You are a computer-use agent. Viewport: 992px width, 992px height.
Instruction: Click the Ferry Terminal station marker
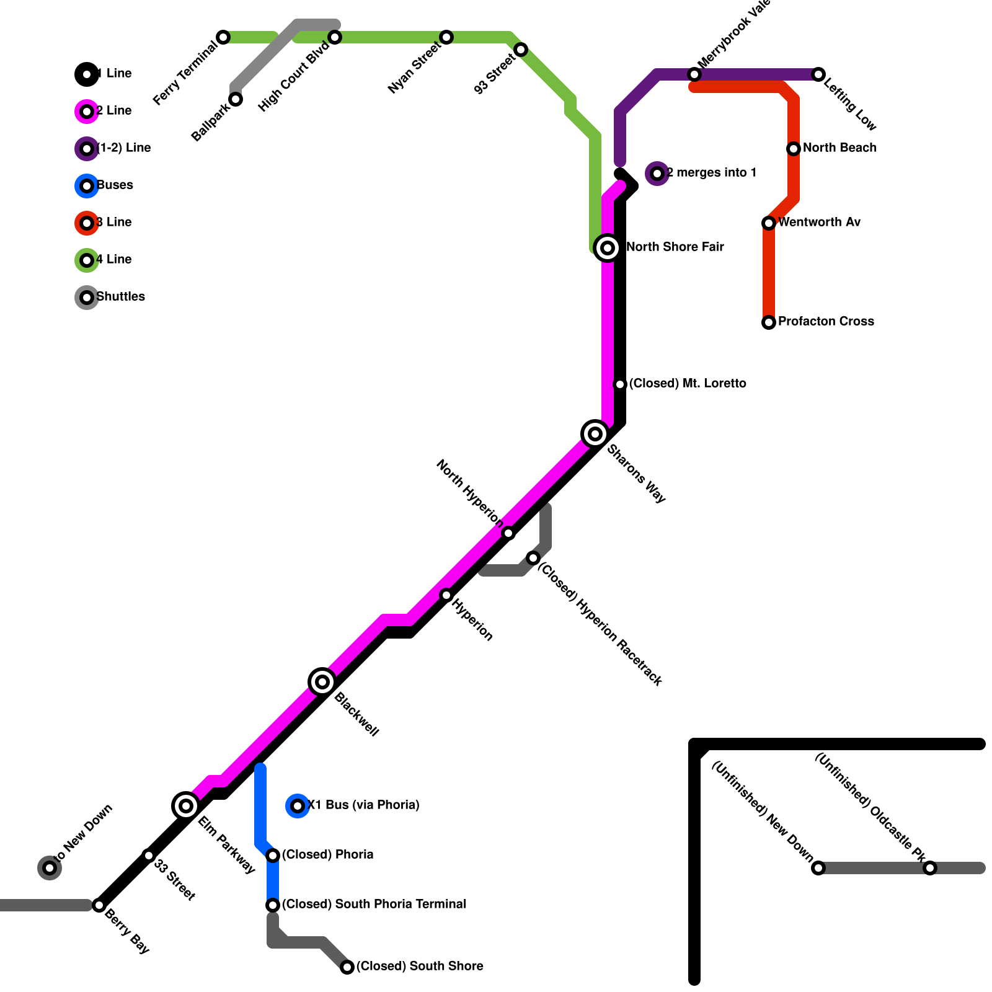coord(223,37)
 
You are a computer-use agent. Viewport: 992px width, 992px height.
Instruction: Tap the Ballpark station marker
coord(236,99)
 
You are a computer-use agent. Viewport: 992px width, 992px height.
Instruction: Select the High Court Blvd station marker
coord(335,37)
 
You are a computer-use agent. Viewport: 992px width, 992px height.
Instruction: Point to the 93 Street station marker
coord(521,50)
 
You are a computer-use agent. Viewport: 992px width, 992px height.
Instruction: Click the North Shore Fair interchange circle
coord(608,248)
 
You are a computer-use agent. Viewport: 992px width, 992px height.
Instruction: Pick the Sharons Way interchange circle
coord(595,434)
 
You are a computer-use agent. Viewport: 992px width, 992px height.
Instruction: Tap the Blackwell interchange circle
coord(322,682)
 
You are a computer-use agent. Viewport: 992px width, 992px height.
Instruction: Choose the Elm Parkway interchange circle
coord(186,806)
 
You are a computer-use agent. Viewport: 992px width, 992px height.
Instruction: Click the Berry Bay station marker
coord(99,905)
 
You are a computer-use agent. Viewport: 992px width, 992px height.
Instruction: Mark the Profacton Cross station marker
coord(769,322)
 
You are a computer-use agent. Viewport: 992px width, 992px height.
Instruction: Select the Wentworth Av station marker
coord(769,223)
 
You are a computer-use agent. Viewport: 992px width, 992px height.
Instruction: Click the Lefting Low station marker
coord(818,74)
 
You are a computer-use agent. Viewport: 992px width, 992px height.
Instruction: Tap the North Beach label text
coord(839,148)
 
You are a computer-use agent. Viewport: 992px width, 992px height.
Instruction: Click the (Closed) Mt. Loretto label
coord(687,384)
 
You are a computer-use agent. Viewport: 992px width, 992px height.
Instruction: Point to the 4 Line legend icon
coord(87,260)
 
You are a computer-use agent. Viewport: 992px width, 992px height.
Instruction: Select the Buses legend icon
coord(87,186)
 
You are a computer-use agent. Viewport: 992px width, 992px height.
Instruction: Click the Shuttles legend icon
coord(87,298)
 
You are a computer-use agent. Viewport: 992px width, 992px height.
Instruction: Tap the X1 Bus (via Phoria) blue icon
coord(298,806)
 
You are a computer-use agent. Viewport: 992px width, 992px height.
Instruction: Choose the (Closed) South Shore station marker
coord(347,967)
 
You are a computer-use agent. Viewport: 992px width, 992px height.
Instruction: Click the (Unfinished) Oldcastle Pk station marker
coord(930,868)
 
